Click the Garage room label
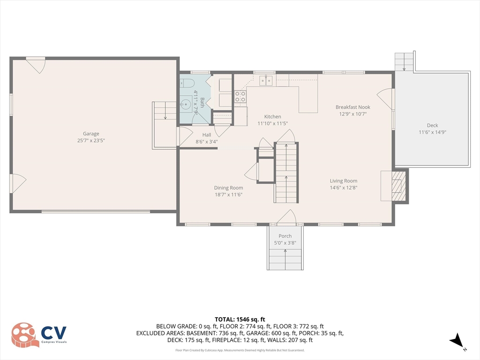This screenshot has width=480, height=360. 91,134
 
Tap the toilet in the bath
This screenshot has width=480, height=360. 187,82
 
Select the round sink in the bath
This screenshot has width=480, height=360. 186,105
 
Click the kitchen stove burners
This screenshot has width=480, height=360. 240,97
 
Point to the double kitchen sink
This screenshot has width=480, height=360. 266,81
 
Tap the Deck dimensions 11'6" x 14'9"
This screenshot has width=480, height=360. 432,132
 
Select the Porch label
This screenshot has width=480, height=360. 285,236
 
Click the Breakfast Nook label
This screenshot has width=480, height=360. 352,107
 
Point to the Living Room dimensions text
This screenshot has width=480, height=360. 344,187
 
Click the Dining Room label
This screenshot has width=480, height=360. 228,187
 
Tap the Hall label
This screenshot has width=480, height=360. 207,135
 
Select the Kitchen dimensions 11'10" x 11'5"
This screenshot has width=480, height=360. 272,123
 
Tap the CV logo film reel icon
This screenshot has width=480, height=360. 25,335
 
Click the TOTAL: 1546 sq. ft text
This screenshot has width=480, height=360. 240,320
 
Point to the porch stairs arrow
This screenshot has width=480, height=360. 285,259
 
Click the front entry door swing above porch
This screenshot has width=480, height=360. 287,217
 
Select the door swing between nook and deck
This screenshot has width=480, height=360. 384,98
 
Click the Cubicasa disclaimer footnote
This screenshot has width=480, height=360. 240,350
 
